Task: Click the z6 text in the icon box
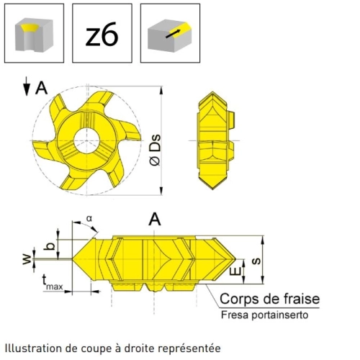point(102,34)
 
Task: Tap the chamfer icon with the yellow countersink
point(34,33)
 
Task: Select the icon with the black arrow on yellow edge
point(170,33)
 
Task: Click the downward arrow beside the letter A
point(27,86)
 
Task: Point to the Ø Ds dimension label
point(155,150)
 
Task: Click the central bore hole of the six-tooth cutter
point(86,140)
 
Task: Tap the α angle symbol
point(89,219)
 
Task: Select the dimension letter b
point(50,246)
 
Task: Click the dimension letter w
point(27,258)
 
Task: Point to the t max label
point(53,282)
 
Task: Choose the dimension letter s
point(256,261)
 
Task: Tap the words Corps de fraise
point(269,299)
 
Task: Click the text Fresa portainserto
point(264,315)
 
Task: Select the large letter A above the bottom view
point(155,219)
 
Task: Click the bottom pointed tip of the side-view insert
point(213,189)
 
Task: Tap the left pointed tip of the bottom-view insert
point(73,259)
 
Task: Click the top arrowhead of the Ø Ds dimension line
point(161,90)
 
